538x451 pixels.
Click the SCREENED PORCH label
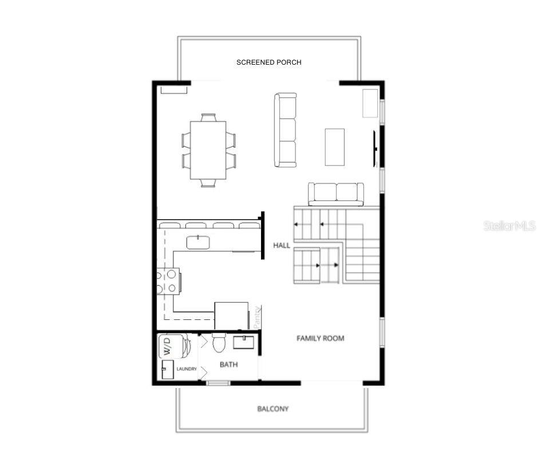pyautogui.click(x=268, y=62)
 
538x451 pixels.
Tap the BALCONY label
pyautogui.click(x=272, y=409)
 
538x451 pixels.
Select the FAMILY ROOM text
pyautogui.click(x=320, y=338)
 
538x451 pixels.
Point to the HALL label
pyautogui.click(x=282, y=245)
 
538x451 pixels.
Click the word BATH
pyautogui.click(x=229, y=364)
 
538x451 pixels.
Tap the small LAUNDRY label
pyautogui.click(x=187, y=369)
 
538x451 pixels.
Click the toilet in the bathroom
pyautogui.click(x=219, y=343)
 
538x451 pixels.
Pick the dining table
pyautogui.click(x=208, y=150)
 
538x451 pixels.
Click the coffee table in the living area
pyautogui.click(x=335, y=147)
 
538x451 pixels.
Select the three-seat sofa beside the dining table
pyautogui.click(x=285, y=130)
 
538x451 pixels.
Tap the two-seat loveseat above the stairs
pyautogui.click(x=336, y=193)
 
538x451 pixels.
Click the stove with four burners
pyautogui.click(x=168, y=282)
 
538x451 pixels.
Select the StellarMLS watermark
pyautogui.click(x=509, y=225)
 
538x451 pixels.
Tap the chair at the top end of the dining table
pyautogui.click(x=208, y=117)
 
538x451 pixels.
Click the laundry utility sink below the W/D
pyautogui.click(x=167, y=370)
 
